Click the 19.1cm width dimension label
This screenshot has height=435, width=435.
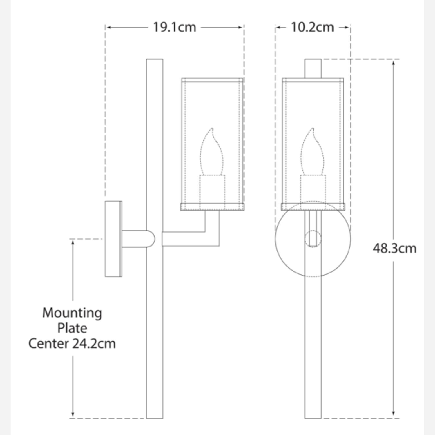point(174,27)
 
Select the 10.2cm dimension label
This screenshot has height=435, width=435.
point(312,27)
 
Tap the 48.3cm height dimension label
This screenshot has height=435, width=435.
point(394,249)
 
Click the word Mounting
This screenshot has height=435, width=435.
point(72,313)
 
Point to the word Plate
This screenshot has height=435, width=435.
point(72,328)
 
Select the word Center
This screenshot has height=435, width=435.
point(49,344)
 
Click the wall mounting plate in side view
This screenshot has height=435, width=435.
point(113,239)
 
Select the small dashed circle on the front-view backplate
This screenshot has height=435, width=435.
point(313,239)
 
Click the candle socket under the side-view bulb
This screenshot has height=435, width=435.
point(212,189)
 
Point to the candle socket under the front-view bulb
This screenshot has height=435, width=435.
point(313,189)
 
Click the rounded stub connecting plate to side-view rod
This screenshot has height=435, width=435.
point(138,239)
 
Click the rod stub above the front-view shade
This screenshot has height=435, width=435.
point(313,68)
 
